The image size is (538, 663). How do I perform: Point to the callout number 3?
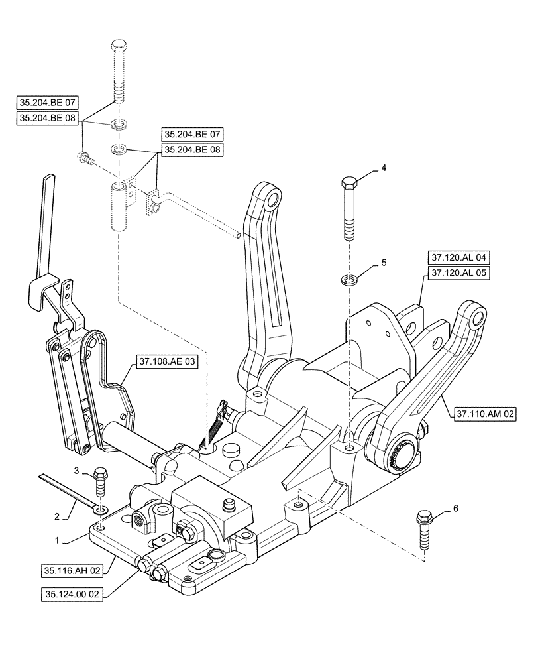(76, 471)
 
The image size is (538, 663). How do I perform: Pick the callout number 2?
(58, 516)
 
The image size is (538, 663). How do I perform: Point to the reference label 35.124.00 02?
(74, 593)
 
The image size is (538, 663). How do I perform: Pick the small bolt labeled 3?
(101, 482)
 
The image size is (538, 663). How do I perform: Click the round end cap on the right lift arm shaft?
(404, 456)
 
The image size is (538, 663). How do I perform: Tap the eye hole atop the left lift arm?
(272, 200)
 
